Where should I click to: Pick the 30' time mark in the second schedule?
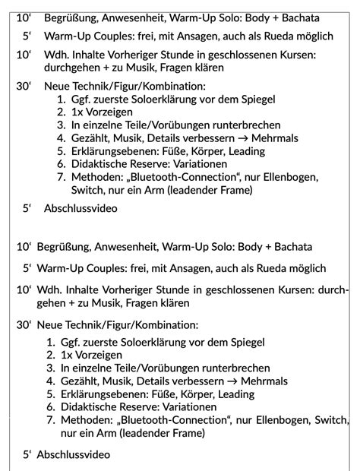23,324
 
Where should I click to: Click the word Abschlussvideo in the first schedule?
81,207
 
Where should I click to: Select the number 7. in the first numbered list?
62,177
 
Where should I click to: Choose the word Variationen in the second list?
184,406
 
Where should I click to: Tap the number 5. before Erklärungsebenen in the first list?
62,150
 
